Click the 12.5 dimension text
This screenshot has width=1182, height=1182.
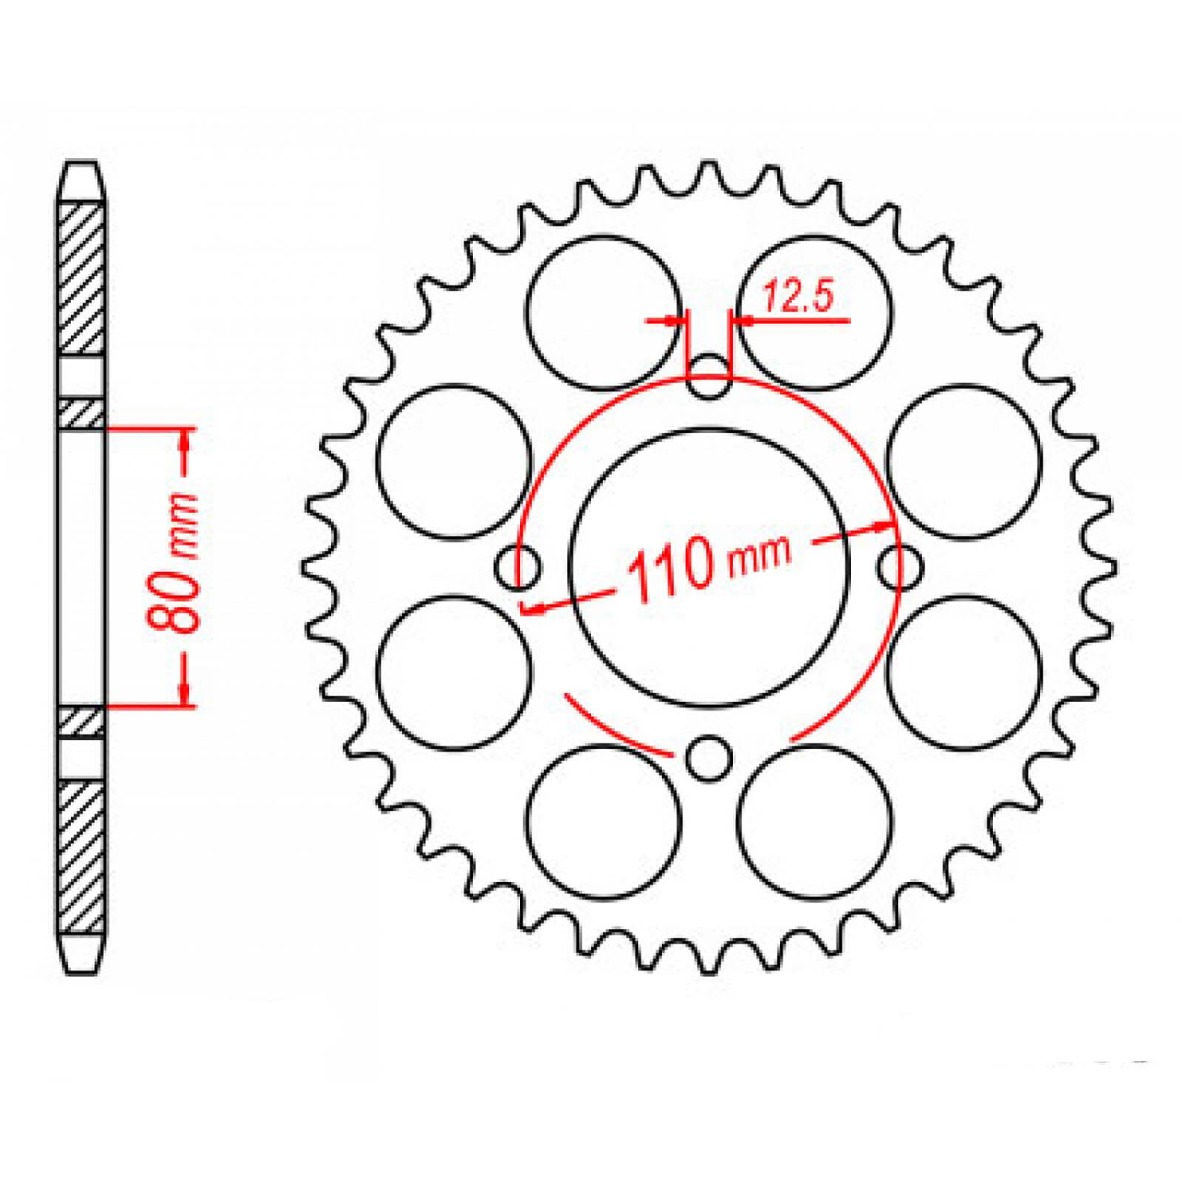pos(798,296)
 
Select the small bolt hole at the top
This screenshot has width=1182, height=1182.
pos(708,377)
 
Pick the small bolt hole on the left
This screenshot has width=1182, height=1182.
pos(516,567)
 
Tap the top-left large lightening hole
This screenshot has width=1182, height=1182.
pos(604,312)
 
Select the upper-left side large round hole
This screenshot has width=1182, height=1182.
pos(454,462)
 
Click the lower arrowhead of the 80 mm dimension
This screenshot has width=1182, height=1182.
pos(184,693)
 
